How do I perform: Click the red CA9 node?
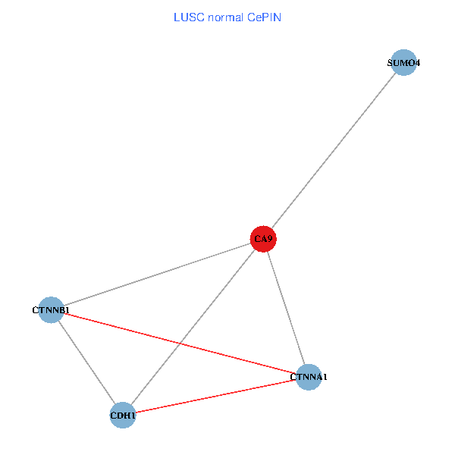click(x=263, y=239)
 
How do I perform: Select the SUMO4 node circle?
click(x=403, y=62)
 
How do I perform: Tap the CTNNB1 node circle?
click(x=51, y=310)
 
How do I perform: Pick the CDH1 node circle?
click(x=123, y=416)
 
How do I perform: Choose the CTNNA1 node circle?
click(x=309, y=377)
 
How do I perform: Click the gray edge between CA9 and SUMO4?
click(x=334, y=151)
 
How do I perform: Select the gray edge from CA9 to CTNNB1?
click(x=157, y=275)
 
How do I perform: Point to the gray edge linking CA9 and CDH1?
click(x=193, y=327)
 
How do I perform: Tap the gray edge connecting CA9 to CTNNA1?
click(x=286, y=308)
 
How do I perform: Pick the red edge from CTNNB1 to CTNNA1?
click(x=180, y=344)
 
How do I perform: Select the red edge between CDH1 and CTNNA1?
click(x=215, y=396)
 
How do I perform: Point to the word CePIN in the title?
click(x=265, y=17)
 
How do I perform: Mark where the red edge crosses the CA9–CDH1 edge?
click(x=179, y=344)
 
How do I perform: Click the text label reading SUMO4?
click(x=403, y=63)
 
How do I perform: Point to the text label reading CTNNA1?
click(x=309, y=377)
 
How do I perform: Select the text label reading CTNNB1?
click(x=51, y=310)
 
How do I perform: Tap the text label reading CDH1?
click(x=123, y=416)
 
